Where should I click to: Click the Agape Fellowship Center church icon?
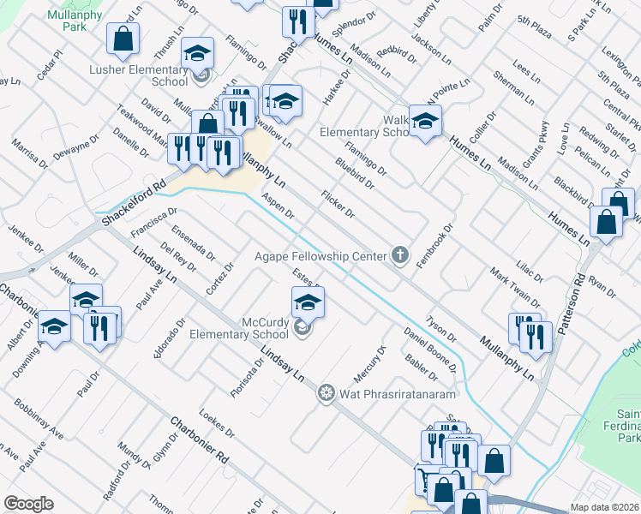pyautogui.click(x=398, y=254)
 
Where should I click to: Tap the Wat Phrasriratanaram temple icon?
pyautogui.click(x=326, y=394)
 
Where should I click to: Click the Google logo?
pyautogui.click(x=28, y=504)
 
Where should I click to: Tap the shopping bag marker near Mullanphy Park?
pyautogui.click(x=123, y=39)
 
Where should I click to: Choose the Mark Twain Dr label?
pyautogui.click(x=514, y=287)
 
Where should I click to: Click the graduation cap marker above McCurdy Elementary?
pyautogui.click(x=309, y=302)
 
